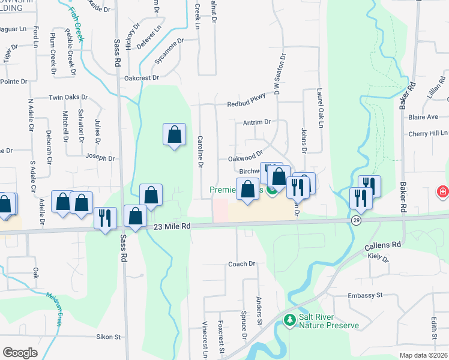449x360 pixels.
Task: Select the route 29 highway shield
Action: tap(356, 221)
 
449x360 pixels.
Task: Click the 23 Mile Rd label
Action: tap(172, 226)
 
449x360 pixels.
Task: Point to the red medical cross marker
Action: tap(442, 193)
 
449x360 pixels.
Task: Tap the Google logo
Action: tap(20, 353)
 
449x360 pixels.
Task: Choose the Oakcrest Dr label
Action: tap(141, 77)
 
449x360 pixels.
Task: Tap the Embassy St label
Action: tap(365, 296)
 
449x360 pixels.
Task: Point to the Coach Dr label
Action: tap(241, 263)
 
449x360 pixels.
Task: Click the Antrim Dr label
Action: tap(257, 122)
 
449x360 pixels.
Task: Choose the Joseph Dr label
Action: tap(100, 158)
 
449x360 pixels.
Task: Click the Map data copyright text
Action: tap(424, 355)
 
